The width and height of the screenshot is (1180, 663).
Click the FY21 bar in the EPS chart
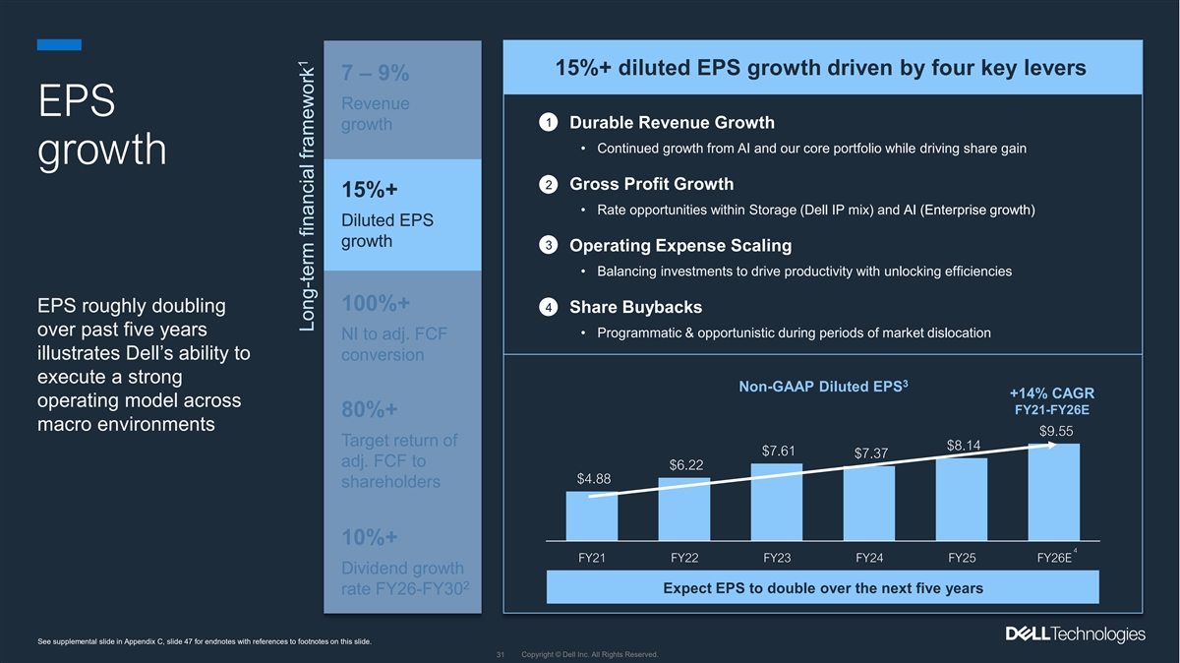[592, 515]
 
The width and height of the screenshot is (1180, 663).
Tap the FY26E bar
[1054, 492]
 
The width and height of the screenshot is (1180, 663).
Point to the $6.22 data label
[685, 464]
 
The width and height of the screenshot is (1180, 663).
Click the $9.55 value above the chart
[1055, 430]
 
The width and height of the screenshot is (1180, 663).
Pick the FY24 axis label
[869, 558]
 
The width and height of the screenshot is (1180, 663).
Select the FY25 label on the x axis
[962, 558]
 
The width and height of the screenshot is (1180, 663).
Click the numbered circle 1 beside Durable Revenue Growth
[549, 123]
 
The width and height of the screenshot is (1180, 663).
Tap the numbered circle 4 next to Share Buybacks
[549, 308]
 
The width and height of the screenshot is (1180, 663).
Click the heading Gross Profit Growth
[651, 184]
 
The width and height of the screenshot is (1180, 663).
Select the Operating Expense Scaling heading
[680, 245]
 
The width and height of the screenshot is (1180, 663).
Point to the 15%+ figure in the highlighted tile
[370, 189]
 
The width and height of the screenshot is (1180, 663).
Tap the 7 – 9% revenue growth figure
[376, 74]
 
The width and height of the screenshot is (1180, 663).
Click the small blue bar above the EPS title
[59, 44]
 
